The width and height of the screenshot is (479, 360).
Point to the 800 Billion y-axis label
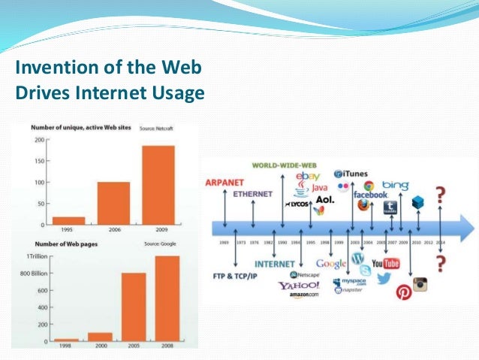pyautogui.click(x=34, y=273)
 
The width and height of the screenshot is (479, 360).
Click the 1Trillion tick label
pyautogui.click(x=39, y=256)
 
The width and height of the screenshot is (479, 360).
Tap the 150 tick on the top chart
pyautogui.click(x=38, y=162)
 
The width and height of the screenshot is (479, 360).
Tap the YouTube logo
pyautogui.click(x=385, y=263)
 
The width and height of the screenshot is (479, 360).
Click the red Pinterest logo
pyautogui.click(x=403, y=291)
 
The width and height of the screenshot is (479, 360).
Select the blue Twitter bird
pyautogui.click(x=384, y=279)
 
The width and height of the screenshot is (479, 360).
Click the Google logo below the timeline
pyautogui.click(x=331, y=263)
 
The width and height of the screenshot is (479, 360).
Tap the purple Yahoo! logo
pyautogui.click(x=299, y=286)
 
